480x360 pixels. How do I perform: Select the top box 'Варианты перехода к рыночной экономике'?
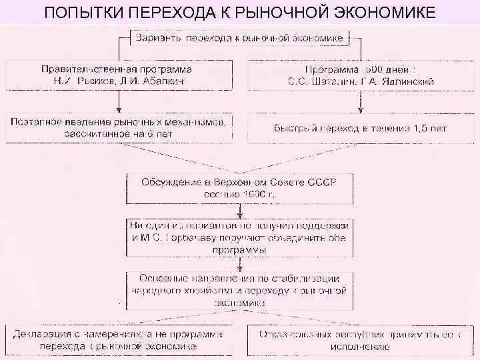tap(239, 38)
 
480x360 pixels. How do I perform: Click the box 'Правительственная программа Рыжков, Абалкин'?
tap(119, 75)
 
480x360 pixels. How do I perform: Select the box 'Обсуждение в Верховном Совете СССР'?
tap(239, 187)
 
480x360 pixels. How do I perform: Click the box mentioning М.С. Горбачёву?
tap(239, 237)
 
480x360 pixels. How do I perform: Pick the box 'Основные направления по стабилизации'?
tap(239, 289)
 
